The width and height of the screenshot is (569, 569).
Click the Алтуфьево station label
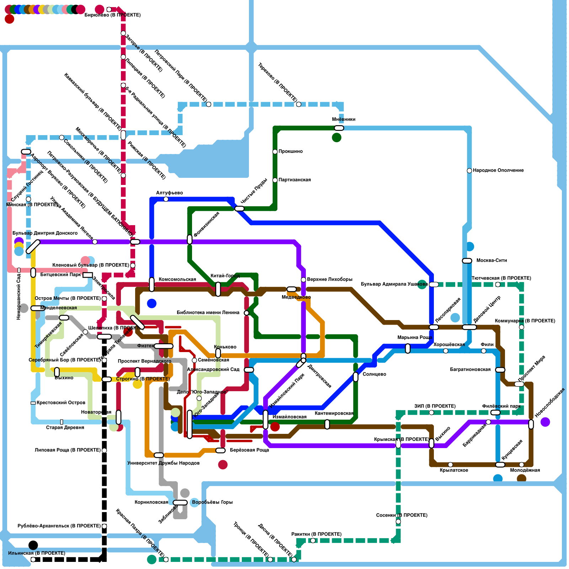(169, 193)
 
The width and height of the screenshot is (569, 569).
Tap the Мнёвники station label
(344, 119)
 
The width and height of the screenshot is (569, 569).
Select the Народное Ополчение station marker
(469, 171)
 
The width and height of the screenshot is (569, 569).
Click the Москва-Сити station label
(491, 261)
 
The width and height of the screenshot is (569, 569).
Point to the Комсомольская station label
(177, 280)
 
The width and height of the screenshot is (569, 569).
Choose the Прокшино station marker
(275, 152)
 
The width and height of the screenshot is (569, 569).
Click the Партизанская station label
(294, 180)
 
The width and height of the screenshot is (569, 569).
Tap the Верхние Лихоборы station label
(329, 280)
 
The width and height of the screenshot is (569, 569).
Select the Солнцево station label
(374, 374)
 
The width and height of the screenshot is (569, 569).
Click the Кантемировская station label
(334, 414)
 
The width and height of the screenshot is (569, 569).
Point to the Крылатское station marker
(450, 464)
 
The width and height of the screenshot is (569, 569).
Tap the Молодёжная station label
(525, 470)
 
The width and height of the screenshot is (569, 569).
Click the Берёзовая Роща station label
(249, 450)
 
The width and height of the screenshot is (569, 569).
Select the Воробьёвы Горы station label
(212, 502)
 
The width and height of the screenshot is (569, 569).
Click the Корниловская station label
(151, 502)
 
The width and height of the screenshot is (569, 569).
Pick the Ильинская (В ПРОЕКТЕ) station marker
(33, 559)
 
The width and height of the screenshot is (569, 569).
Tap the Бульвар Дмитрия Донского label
(45, 233)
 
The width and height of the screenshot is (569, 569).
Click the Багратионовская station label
(470, 370)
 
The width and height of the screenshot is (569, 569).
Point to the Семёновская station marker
(194, 360)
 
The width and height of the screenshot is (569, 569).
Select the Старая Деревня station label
(65, 428)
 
